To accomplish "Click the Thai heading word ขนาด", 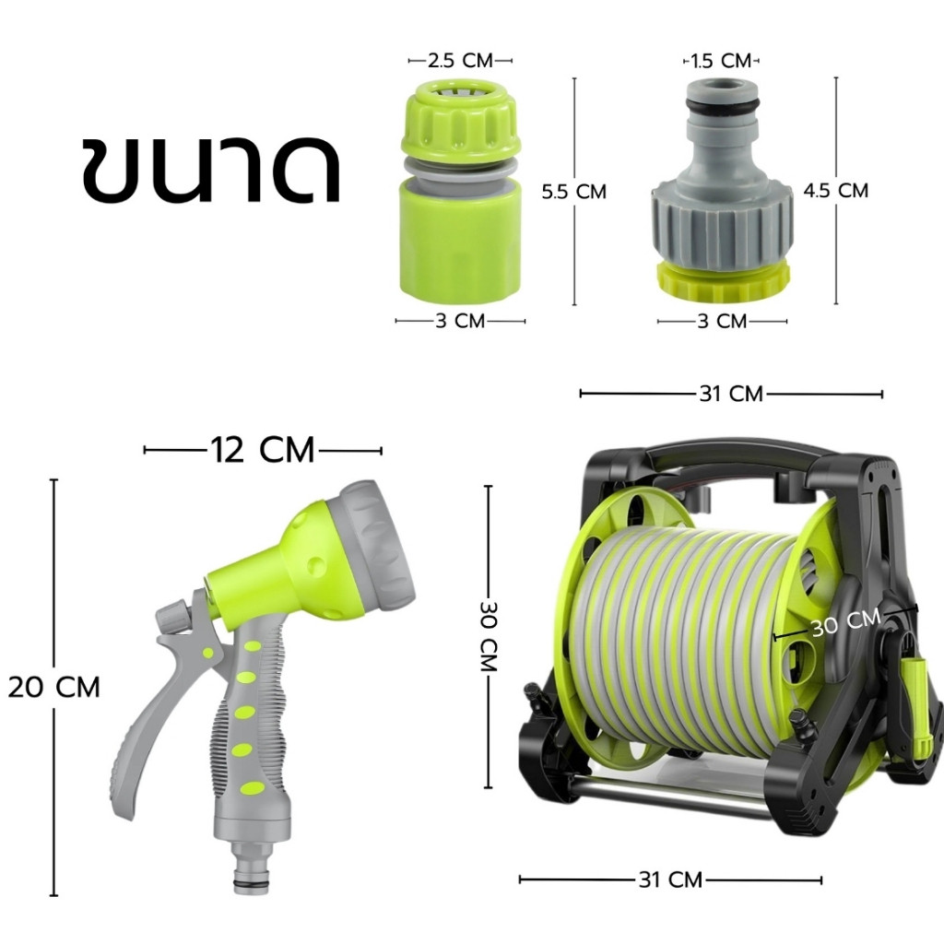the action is (x=211, y=171).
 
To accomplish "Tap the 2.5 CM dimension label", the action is (x=461, y=60).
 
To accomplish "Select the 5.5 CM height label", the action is (x=573, y=192).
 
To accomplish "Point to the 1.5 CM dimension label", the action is (x=721, y=61).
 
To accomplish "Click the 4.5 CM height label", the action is (x=836, y=190).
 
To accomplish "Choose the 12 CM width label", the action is (x=263, y=450).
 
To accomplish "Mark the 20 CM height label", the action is (x=54, y=687).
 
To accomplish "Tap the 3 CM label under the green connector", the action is (x=460, y=321).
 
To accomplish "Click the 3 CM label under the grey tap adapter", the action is (x=722, y=321).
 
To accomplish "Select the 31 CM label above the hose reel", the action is (x=731, y=394).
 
